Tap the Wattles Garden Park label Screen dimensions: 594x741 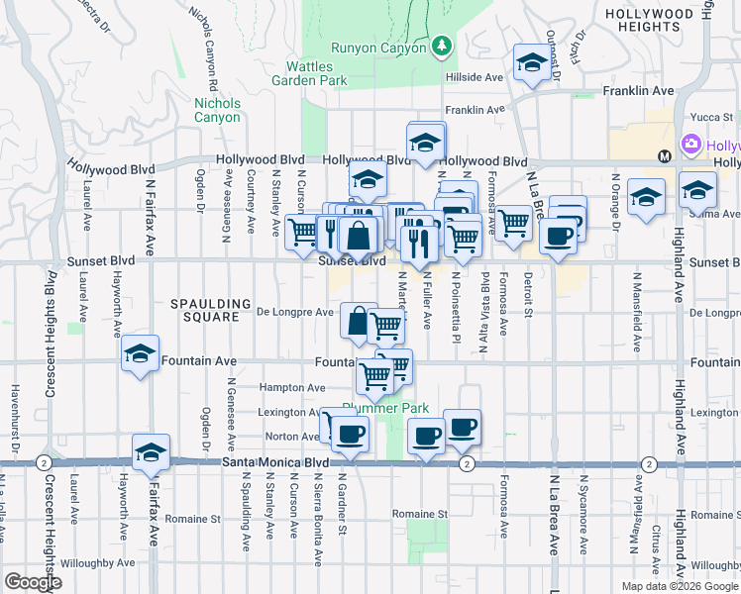coord(302,72)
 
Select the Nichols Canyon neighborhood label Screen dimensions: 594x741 coord(217,110)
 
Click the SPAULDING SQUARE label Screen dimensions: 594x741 coord(204,310)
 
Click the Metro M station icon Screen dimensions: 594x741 coord(665,155)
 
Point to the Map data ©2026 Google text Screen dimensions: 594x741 coord(680,586)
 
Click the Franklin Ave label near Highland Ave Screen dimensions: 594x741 coord(638,91)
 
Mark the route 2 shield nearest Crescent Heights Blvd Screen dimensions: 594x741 coord(42,462)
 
